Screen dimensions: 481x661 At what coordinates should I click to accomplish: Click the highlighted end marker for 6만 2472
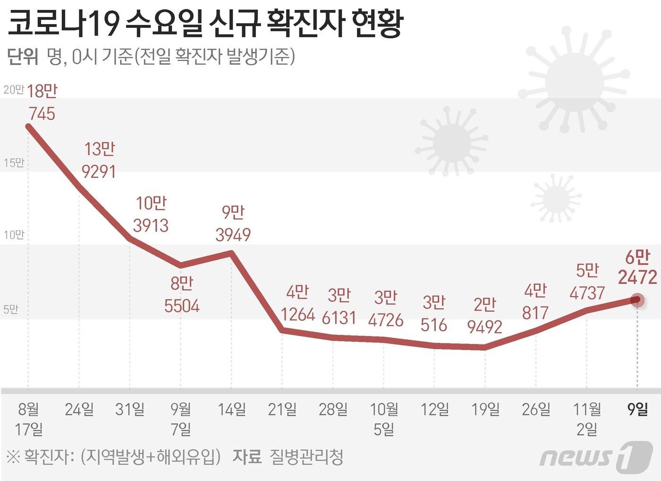click(x=637, y=300)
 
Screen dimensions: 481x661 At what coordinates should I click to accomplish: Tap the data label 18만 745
click(x=42, y=102)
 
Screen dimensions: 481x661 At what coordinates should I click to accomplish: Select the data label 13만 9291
click(x=99, y=160)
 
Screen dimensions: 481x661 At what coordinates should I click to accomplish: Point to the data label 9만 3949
click(x=233, y=223)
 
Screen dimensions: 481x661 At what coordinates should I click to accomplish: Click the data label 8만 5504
click(x=182, y=295)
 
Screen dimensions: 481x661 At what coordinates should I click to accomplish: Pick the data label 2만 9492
click(x=484, y=316)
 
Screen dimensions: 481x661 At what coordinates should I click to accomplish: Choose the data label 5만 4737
click(x=587, y=282)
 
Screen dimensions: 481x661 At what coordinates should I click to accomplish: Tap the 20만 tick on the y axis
click(x=13, y=90)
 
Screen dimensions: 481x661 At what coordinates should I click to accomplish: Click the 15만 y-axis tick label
click(x=13, y=163)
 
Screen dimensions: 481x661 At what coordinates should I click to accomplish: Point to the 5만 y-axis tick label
click(x=10, y=309)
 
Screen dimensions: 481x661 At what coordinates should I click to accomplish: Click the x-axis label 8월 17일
click(x=29, y=419)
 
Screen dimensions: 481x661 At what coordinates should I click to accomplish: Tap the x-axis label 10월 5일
click(x=384, y=419)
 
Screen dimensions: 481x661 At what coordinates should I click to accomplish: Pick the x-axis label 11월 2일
click(x=587, y=419)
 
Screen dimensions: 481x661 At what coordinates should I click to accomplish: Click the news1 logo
click(x=596, y=457)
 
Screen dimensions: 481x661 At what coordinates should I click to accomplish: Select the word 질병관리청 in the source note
click(x=306, y=457)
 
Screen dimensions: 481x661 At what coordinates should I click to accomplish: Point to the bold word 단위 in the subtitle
click(x=22, y=57)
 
